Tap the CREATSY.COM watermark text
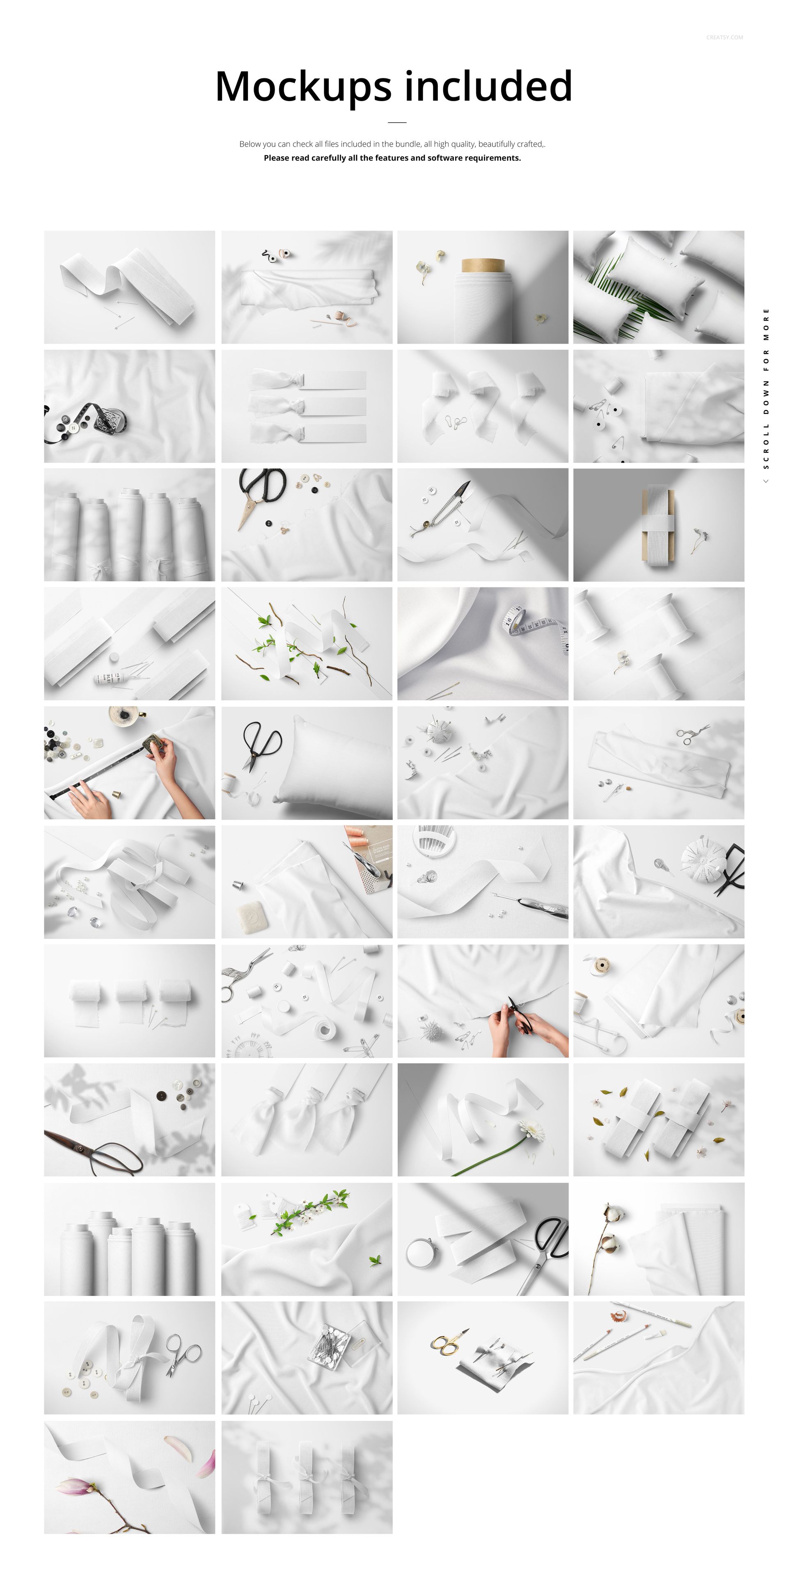point(724,37)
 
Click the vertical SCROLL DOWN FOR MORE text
point(765,389)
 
